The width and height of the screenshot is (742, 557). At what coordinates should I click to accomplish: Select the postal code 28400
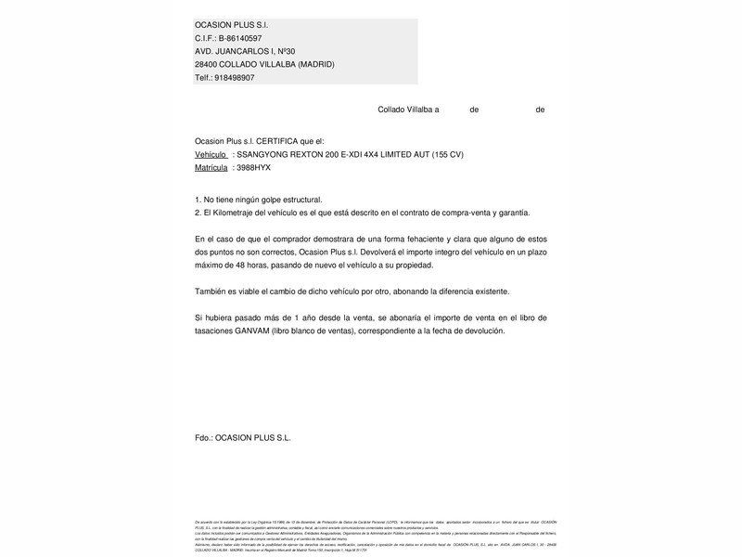[207, 64]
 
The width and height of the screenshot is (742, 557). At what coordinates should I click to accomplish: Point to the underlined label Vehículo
[211, 154]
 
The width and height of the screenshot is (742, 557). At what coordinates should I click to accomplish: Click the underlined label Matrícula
[211, 167]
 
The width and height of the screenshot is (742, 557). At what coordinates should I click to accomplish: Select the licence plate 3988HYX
[254, 167]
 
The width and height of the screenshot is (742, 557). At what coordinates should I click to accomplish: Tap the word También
[213, 291]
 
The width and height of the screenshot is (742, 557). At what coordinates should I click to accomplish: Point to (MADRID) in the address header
[313, 64]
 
